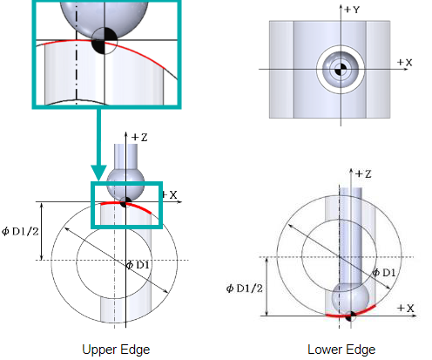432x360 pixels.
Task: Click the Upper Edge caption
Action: tap(116, 350)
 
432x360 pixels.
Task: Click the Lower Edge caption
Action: tap(341, 350)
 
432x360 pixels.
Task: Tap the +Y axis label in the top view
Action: tap(352, 10)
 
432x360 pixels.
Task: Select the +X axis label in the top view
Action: tap(404, 62)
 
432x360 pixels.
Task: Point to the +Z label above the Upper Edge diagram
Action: tap(139, 137)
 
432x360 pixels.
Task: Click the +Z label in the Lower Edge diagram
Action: tap(363, 173)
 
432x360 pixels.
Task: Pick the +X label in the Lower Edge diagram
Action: tap(406, 308)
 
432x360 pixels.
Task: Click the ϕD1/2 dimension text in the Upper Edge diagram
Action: tap(20, 232)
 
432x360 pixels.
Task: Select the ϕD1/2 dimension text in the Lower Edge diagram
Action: tap(245, 289)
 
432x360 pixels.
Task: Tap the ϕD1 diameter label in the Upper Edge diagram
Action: tap(138, 265)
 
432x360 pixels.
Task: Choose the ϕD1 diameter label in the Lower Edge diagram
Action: tap(384, 273)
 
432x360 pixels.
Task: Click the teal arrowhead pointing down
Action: tap(98, 173)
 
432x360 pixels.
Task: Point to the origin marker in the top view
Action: tap(341, 70)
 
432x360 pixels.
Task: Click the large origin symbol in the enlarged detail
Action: tap(105, 41)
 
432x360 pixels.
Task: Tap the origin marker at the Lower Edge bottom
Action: tap(351, 316)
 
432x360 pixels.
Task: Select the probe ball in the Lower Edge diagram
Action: tap(350, 300)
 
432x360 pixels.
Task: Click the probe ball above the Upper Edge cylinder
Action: tap(125, 185)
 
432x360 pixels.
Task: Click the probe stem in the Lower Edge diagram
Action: tap(351, 236)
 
